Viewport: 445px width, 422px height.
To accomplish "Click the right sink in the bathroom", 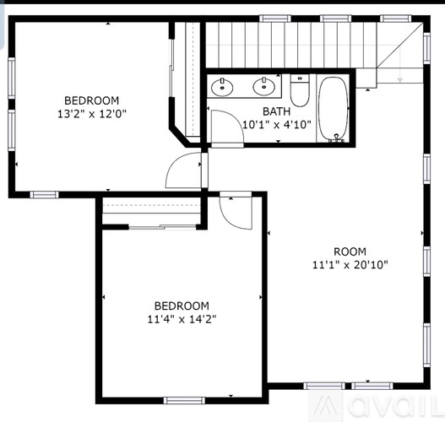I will [x=264, y=84].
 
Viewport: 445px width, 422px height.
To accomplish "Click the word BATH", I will [x=276, y=111].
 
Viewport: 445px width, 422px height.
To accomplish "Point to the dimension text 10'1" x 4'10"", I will [x=276, y=124].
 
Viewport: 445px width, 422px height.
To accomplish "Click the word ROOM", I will [x=350, y=251].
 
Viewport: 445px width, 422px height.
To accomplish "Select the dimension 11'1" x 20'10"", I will [x=350, y=264].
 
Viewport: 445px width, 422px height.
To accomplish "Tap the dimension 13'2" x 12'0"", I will [x=92, y=112].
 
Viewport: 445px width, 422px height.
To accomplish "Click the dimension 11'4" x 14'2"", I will [x=181, y=319].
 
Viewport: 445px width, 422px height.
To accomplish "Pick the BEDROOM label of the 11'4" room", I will [x=181, y=306].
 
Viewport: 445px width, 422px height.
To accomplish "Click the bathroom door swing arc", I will [x=221, y=127].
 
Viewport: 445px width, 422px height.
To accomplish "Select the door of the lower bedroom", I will [x=237, y=210].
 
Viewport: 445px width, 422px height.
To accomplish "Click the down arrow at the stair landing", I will [x=399, y=78].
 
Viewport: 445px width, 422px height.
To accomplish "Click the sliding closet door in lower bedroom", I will [x=152, y=225].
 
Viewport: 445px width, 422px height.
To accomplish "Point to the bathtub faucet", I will [x=337, y=138].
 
